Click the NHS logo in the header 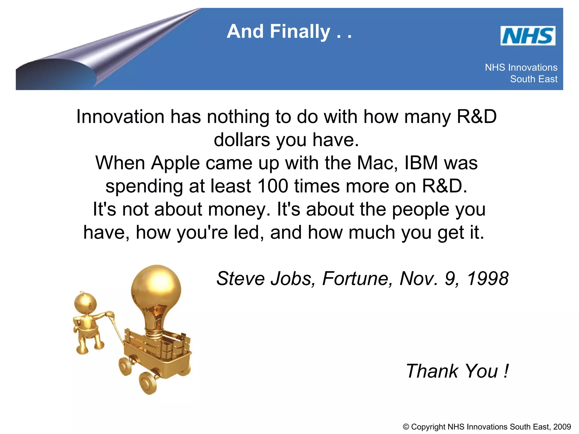pos(528,36)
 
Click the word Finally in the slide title pos(300,31)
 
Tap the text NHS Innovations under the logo pos(521,68)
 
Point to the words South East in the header pos(533,79)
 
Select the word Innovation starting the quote pos(120,117)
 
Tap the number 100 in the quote pos(273,186)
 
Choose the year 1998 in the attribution pos(488,279)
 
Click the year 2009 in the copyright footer pos(562,427)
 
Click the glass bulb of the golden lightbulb pos(156,287)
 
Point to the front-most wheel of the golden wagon pos(148,383)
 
